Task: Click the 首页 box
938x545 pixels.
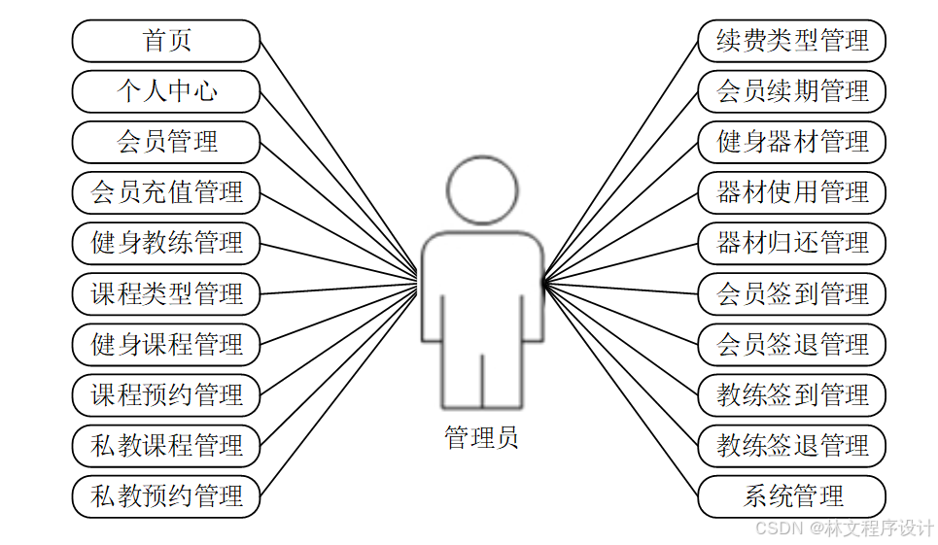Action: coord(166,41)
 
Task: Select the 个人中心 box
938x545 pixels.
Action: coord(166,91)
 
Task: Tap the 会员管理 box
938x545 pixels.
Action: coord(166,142)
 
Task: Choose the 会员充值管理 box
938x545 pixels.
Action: coord(166,192)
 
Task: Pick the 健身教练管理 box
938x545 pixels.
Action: coord(166,243)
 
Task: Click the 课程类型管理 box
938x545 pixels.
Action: coord(166,293)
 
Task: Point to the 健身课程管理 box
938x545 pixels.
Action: coord(166,344)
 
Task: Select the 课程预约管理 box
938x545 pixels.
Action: coord(166,395)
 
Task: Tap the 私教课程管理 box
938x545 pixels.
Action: coord(166,446)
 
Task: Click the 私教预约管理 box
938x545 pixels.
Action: coord(166,496)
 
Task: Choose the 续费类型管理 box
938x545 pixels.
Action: coord(792,41)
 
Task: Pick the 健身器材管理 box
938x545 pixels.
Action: coord(792,142)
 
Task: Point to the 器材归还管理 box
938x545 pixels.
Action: coord(792,243)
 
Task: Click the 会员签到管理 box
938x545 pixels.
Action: coord(792,293)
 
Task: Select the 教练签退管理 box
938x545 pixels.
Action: coord(792,446)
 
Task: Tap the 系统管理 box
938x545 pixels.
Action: coord(792,496)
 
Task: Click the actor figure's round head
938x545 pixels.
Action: coord(482,188)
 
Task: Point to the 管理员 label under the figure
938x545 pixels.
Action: coord(482,438)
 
